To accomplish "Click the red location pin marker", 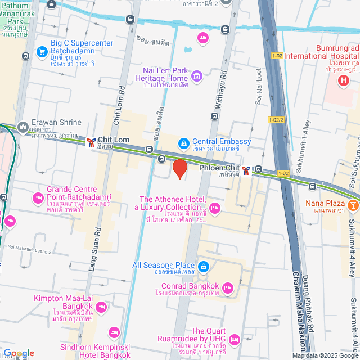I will (179, 168).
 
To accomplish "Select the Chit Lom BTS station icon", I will (91, 142).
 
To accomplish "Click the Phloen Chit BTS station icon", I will (246, 169).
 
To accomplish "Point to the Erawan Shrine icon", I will (23, 128).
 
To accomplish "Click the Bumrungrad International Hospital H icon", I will (344, 81).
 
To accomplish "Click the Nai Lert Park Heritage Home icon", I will (197, 76).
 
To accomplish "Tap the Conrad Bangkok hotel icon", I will (228, 288).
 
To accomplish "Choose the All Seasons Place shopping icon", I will (204, 266).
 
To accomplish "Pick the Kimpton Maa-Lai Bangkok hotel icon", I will (101, 307).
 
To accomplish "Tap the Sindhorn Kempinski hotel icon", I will (114, 332).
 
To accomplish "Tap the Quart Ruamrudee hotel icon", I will (235, 339).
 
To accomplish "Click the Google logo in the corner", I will (18, 353).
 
